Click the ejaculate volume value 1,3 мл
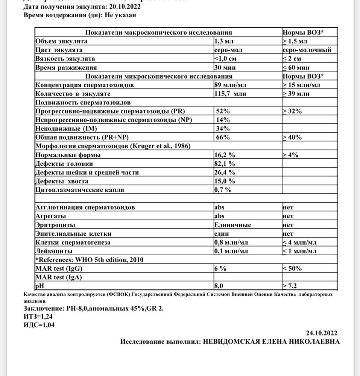tap(224, 41)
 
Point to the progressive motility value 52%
tap(223, 111)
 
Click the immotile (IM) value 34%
tap(223, 129)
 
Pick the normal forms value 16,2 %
tap(225, 155)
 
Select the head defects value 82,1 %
tap(225, 164)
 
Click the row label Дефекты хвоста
tap(62, 181)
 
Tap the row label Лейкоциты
tap(54, 251)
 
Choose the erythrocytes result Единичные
tap(232, 225)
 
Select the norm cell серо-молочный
tap(307, 50)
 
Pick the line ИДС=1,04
tap(39, 325)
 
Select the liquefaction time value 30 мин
tap(225, 68)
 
